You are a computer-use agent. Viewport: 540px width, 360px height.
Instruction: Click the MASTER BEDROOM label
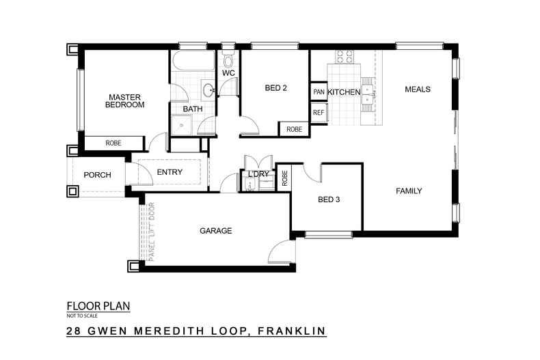124,100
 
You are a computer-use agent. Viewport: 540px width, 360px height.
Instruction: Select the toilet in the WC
228,57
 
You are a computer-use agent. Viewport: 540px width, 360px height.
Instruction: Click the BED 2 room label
275,87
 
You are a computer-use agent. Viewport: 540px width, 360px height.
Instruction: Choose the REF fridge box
319,113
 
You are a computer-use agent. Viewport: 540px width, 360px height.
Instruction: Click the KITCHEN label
344,92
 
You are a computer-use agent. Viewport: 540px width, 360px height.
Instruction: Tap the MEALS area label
417,89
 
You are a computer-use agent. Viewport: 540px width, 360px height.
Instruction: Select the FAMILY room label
409,191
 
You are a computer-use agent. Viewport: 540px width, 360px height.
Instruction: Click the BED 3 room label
329,199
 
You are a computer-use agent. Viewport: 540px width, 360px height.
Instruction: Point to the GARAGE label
215,231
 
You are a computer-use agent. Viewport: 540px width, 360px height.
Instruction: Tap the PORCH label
97,175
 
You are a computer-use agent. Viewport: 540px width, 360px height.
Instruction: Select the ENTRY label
170,172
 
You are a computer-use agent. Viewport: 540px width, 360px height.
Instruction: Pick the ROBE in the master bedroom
113,143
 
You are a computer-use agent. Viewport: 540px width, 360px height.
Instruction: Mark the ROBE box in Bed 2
294,129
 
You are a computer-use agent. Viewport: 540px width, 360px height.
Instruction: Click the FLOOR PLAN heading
98,306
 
